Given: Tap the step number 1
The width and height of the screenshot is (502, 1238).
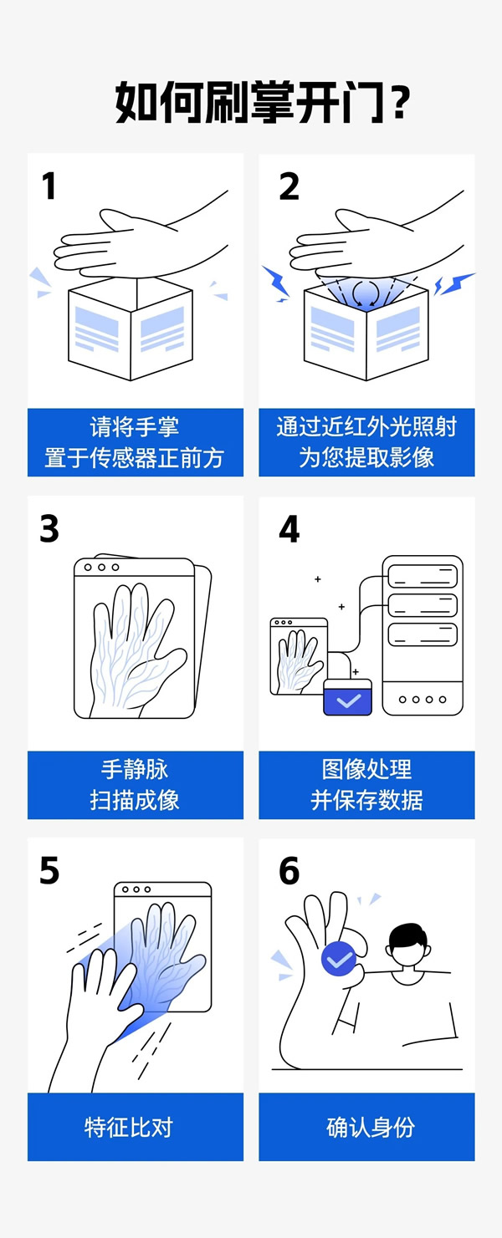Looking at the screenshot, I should (49, 186).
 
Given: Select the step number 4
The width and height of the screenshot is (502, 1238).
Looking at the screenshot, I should (289, 529).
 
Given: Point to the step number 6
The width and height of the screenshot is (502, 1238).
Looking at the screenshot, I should (289, 871).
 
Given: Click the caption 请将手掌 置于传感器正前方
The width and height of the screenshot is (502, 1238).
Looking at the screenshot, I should (135, 442).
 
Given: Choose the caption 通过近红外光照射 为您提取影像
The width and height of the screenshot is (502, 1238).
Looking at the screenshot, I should (366, 442).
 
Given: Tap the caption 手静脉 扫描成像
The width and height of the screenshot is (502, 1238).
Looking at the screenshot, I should (135, 784).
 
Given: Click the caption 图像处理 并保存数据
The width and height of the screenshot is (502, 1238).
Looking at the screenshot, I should (366, 784).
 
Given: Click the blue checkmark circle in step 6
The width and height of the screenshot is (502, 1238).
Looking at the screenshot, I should (339, 960).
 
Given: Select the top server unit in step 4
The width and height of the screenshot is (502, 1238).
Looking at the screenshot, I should (423, 576).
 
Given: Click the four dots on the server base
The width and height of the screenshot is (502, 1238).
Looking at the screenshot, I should (423, 699).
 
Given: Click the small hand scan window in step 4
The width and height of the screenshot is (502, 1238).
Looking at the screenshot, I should (298, 657).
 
